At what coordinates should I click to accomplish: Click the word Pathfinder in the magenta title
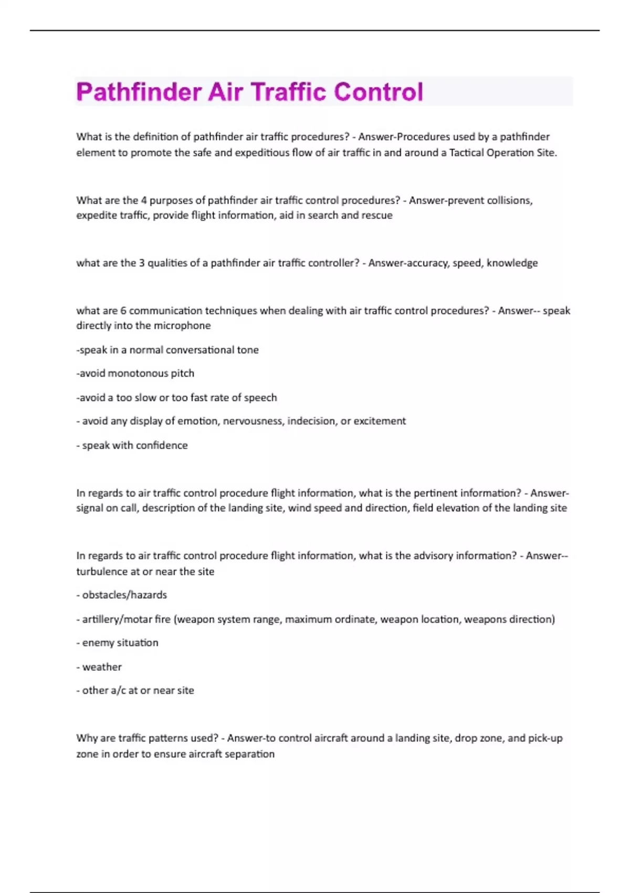pos(139,92)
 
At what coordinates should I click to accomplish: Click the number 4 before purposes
pos(144,200)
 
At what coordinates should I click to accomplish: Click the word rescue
pos(377,215)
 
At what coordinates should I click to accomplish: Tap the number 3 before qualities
pos(142,263)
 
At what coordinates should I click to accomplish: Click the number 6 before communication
pos(123,310)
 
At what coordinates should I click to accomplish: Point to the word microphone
pos(183,326)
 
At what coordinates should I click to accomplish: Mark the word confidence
pos(162,445)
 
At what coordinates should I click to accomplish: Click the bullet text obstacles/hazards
pos(124,595)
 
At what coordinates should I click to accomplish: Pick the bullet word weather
pos(102,667)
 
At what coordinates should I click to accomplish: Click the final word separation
pos(249,754)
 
